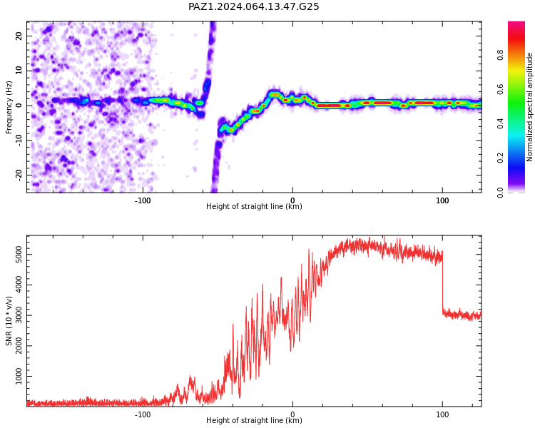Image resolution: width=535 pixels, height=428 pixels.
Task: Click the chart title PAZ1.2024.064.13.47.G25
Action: (253, 6)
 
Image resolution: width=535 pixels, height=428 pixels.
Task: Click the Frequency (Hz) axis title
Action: (9, 107)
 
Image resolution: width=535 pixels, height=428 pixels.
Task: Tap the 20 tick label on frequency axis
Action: (19, 36)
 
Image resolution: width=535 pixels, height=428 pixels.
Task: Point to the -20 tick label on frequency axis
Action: (19, 175)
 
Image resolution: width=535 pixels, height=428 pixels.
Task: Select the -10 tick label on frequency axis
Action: (19, 141)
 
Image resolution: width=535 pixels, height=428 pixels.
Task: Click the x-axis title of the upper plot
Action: (254, 206)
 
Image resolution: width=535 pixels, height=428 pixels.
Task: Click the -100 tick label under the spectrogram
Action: (143, 200)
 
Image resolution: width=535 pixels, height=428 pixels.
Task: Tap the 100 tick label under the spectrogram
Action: (442, 200)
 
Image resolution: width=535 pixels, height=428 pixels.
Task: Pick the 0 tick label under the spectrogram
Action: (292, 200)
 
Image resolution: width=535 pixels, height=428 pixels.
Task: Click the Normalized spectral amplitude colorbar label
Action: (529, 107)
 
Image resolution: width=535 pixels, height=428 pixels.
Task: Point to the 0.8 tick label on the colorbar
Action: (500, 55)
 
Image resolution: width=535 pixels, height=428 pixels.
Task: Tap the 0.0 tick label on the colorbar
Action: (500, 193)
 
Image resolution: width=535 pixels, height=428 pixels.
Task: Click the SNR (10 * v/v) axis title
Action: (9, 321)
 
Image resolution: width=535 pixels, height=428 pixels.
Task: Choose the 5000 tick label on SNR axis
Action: (19, 254)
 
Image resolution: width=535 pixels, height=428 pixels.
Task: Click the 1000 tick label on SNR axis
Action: (19, 376)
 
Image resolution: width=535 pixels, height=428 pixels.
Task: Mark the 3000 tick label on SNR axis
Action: (19, 315)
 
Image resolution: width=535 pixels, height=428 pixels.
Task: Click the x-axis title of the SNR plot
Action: (254, 420)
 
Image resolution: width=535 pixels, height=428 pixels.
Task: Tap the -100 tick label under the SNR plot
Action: (143, 414)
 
